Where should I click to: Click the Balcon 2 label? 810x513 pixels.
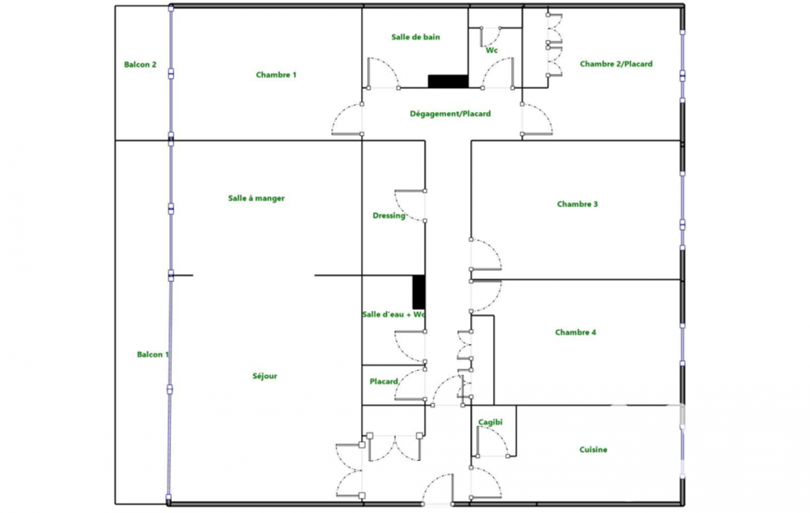point(140,65)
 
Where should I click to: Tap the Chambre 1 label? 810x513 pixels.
point(277,75)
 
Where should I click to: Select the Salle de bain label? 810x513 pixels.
point(416,37)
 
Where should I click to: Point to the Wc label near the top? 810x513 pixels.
point(492,51)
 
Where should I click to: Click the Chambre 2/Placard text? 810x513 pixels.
point(616,64)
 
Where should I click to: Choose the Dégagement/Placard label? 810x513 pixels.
point(450,114)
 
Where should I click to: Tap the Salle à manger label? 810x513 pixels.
point(256,198)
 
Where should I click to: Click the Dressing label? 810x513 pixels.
point(389,215)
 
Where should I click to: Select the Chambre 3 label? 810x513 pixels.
point(578,204)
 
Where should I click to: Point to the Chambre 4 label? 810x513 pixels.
point(575,332)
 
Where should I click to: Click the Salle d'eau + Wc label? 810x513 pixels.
point(394,314)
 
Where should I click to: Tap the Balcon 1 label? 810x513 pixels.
point(153,354)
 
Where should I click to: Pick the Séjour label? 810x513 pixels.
point(265,376)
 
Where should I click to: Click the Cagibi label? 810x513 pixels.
point(490,422)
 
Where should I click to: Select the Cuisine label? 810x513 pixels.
point(593,450)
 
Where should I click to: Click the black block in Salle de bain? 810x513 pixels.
point(448,81)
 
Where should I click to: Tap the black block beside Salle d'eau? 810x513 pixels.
point(419,292)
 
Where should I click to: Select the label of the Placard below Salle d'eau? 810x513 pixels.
point(384,381)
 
